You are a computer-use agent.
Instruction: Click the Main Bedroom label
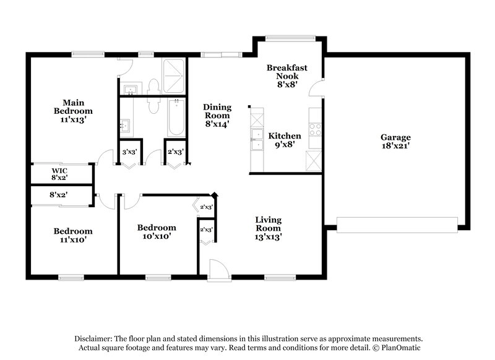click(x=73, y=111)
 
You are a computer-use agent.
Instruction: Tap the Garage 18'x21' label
click(x=395, y=142)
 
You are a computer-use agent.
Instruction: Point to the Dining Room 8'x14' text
click(x=217, y=115)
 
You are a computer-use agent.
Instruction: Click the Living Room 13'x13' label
click(x=269, y=228)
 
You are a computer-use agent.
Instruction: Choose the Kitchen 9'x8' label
click(x=284, y=140)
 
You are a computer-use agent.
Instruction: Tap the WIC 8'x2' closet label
click(x=59, y=173)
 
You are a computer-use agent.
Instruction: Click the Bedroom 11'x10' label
click(x=73, y=236)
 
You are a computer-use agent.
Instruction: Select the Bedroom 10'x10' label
click(x=157, y=231)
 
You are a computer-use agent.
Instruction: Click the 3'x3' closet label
click(x=129, y=152)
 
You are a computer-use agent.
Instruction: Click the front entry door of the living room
click(x=217, y=270)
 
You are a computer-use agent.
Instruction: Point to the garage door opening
click(x=397, y=224)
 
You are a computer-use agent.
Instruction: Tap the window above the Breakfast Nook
click(x=291, y=37)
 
